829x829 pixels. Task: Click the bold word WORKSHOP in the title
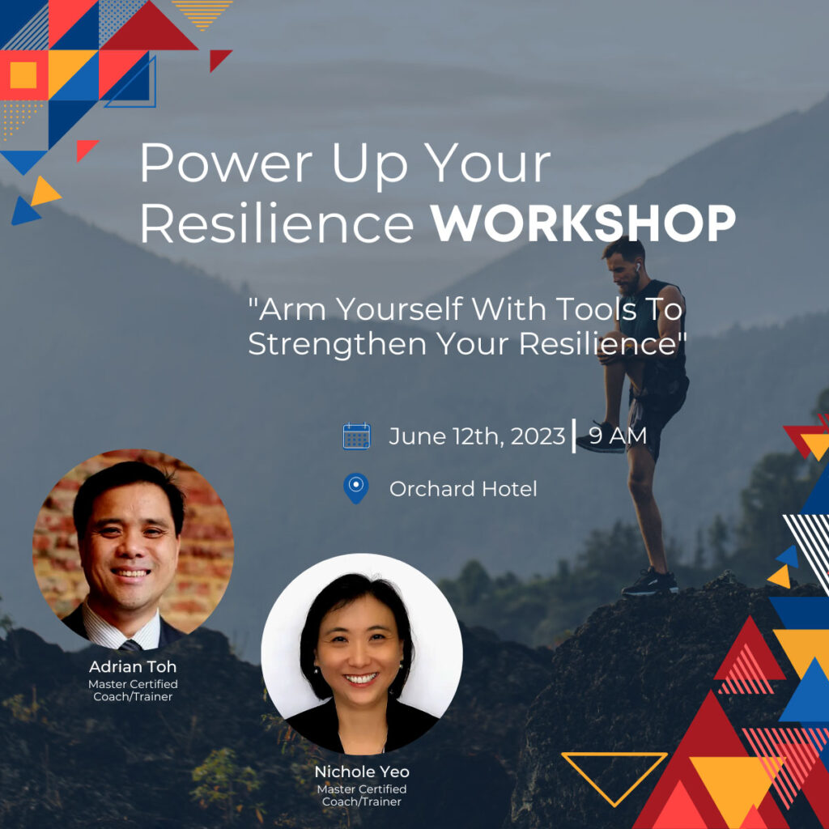point(583,223)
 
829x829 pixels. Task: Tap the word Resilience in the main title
point(277,223)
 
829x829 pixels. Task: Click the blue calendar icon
point(356,436)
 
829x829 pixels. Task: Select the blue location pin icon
point(356,488)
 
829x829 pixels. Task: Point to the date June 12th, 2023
point(477,436)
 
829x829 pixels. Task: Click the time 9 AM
point(618,436)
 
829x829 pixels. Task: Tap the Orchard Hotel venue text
point(463,489)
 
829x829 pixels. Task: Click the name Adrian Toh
point(133,666)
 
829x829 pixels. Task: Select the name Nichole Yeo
point(362,772)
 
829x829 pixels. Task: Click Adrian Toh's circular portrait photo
point(134,550)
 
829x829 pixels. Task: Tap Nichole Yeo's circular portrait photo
point(362,654)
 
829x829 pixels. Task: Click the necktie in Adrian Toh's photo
point(130,645)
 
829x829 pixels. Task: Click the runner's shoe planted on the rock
point(650,583)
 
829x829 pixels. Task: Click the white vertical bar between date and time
point(574,436)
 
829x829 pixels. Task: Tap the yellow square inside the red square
point(23,74)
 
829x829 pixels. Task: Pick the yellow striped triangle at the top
point(202,15)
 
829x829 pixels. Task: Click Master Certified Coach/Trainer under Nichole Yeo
point(362,795)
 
